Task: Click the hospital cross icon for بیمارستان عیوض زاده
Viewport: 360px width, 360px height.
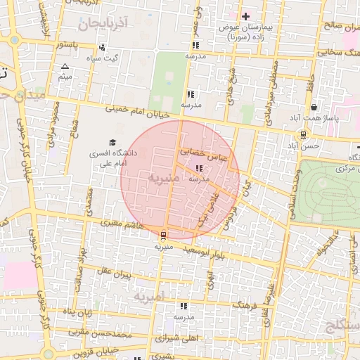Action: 245,16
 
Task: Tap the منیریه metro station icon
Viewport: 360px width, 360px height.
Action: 163,236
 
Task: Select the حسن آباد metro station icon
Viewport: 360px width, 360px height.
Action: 303,134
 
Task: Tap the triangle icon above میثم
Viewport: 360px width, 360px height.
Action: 65,66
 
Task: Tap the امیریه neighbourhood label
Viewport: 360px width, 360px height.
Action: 148,297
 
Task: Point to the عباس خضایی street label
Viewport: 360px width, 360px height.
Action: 204,153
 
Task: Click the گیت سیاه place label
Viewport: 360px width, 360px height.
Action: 120,58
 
